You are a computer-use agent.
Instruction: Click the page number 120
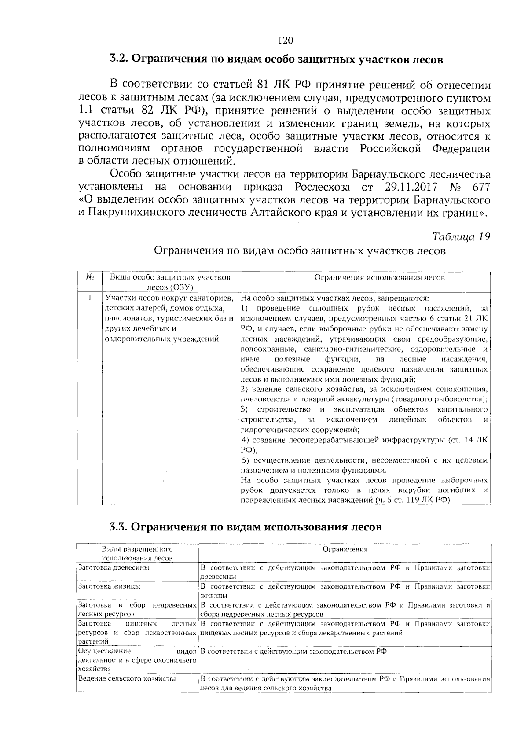click(x=285, y=41)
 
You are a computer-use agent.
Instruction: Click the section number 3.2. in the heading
click(x=118, y=59)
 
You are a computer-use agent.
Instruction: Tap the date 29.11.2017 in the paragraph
click(x=411, y=187)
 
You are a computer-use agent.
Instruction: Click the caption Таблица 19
click(x=461, y=236)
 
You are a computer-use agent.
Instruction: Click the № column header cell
click(x=90, y=278)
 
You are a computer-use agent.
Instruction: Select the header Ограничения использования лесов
click(x=379, y=278)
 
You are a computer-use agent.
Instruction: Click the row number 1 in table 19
click(x=90, y=298)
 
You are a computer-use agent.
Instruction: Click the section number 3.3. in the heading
click(x=118, y=527)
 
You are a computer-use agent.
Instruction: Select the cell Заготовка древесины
click(x=114, y=568)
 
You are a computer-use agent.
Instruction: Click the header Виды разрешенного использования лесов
click(x=137, y=554)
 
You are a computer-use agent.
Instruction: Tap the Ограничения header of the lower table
click(x=345, y=549)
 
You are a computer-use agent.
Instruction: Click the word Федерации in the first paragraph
click(x=461, y=148)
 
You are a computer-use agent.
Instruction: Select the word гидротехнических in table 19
click(x=269, y=430)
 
